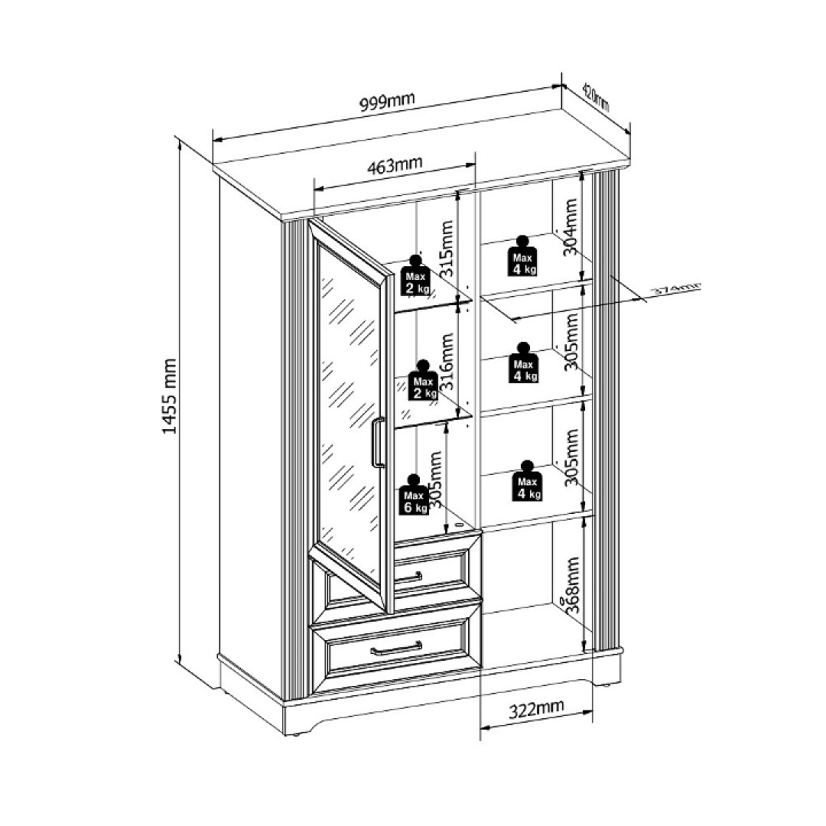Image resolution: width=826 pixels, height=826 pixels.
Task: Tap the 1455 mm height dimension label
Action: tap(170, 396)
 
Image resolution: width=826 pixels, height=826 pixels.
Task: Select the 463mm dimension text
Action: tap(395, 165)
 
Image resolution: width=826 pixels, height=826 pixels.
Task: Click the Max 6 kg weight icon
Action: tap(415, 496)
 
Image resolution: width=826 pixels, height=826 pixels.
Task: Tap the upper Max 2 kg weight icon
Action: tap(417, 277)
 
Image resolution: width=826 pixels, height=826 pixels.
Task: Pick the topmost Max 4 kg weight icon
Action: tap(523, 256)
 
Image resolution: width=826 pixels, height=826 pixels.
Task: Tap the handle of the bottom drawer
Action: tap(396, 649)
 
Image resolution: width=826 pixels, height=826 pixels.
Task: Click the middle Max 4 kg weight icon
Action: tap(525, 364)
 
